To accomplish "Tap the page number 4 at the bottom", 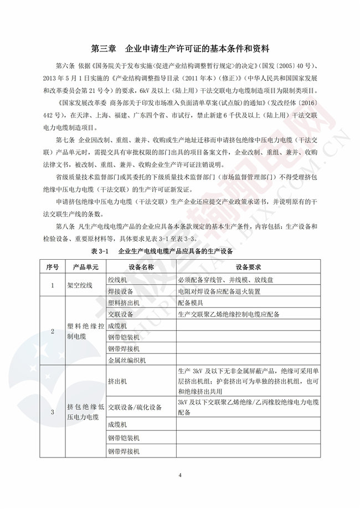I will (180, 475).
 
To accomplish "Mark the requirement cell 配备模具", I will (191, 303).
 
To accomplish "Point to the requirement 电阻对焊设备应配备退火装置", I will (218, 291).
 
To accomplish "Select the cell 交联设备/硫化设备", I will (135, 407).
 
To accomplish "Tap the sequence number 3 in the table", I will (52, 412).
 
